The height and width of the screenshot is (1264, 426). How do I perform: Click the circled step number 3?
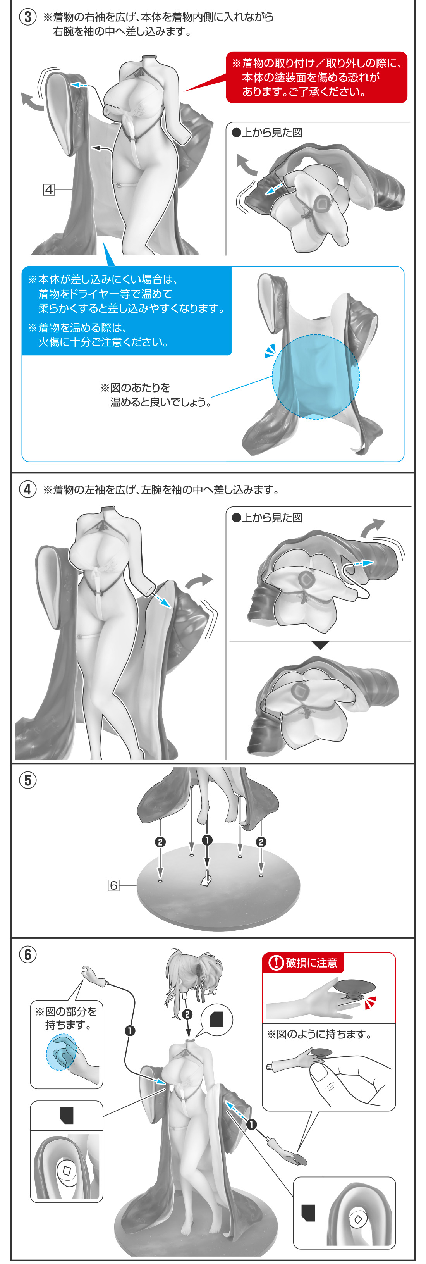(x=27, y=17)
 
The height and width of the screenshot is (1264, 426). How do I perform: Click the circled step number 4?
(x=27, y=489)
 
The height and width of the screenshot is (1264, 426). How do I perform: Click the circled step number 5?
(x=27, y=780)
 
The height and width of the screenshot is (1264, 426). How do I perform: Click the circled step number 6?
(x=27, y=954)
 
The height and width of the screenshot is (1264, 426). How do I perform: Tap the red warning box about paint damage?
(x=316, y=77)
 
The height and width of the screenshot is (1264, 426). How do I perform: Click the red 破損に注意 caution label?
(x=303, y=963)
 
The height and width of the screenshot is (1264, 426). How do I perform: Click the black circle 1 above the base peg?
(x=207, y=840)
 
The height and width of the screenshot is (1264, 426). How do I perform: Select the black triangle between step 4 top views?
(x=320, y=645)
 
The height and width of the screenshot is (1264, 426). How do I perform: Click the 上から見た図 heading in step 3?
(x=267, y=133)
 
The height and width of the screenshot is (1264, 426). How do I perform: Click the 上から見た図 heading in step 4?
(x=267, y=518)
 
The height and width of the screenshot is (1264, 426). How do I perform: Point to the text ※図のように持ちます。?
(x=319, y=1034)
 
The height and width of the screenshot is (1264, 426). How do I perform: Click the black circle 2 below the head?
(x=187, y=1014)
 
